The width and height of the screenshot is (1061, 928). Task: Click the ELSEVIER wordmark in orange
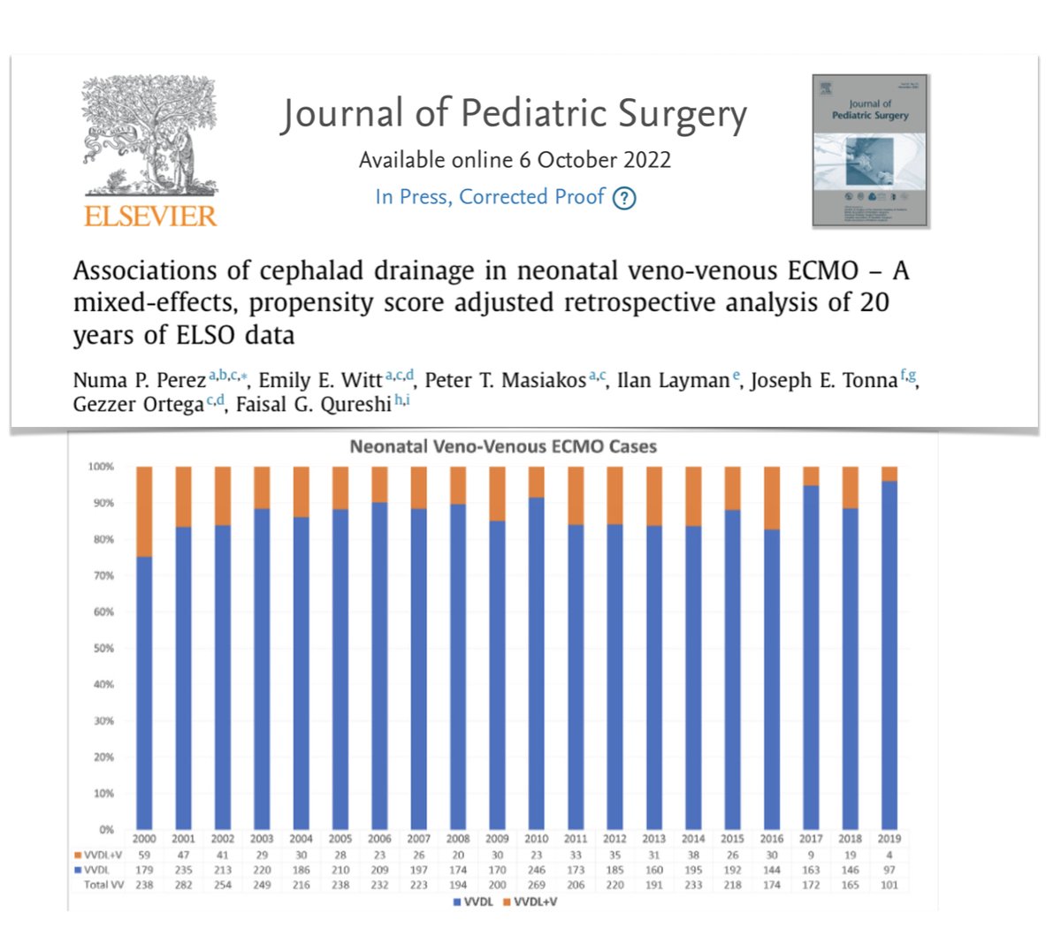[149, 216]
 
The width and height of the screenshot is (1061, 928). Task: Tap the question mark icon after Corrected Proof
[624, 198]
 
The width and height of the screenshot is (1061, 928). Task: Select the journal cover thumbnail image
[870, 150]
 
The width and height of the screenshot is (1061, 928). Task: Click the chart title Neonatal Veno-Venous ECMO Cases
[503, 446]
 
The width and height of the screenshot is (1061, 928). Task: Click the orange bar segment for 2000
[143, 511]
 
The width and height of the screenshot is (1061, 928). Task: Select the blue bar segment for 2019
[889, 654]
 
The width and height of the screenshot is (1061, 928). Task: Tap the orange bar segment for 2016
[772, 498]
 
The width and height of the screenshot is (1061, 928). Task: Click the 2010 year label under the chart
[536, 839]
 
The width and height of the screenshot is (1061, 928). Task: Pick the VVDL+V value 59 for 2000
[143, 855]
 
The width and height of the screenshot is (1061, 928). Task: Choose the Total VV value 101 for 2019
[889, 885]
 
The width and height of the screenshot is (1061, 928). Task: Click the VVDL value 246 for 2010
[536, 870]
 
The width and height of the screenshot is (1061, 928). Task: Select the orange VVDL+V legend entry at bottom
[530, 901]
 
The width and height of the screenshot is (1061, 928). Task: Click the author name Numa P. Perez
[139, 381]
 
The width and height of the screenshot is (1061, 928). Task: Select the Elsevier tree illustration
[149, 137]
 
